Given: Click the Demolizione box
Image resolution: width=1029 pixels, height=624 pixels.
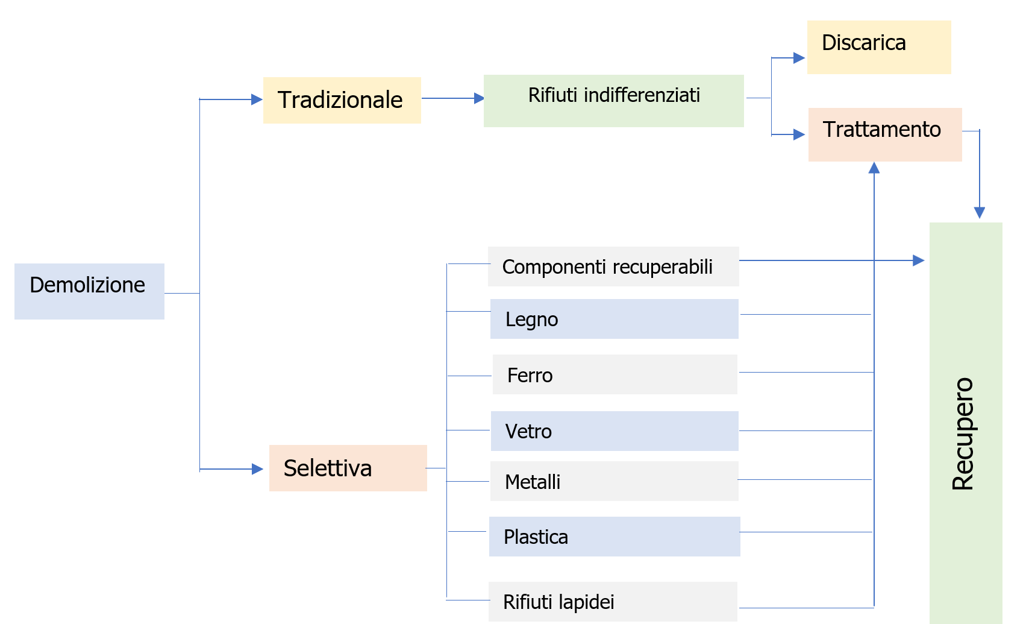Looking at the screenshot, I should (x=89, y=291).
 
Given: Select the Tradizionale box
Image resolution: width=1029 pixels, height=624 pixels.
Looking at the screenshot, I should (x=342, y=100).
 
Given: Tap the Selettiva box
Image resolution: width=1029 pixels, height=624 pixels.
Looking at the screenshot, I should (x=348, y=468).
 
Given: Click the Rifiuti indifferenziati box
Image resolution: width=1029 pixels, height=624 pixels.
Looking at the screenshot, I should (x=613, y=101).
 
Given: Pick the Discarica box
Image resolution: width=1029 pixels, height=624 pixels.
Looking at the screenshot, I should (x=878, y=47).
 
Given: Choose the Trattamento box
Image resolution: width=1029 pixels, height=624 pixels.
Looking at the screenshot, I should (x=884, y=134).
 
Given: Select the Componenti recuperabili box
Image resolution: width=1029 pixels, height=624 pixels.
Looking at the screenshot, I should (x=613, y=266).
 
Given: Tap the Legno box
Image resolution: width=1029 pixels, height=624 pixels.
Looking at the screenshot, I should (x=614, y=319).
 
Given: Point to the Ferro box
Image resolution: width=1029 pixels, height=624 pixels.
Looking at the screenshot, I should (x=615, y=374).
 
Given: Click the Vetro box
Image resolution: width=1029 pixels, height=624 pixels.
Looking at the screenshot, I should (x=614, y=431).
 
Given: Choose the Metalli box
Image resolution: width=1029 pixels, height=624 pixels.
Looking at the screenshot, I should (x=614, y=481).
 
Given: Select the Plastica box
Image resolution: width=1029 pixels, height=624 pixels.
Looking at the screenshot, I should (x=614, y=537).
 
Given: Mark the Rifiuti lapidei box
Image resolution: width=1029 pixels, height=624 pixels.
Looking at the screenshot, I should (x=613, y=601).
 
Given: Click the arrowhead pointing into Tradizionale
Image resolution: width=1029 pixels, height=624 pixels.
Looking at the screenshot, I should (x=257, y=99).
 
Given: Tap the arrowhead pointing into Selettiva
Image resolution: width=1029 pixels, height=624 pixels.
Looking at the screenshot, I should (x=257, y=469).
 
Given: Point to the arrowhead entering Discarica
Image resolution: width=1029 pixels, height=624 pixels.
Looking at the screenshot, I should (x=799, y=58).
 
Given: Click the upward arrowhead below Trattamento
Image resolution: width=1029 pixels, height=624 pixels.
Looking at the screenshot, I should (x=874, y=168).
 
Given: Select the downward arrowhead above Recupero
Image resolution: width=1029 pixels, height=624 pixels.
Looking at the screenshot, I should (x=980, y=212).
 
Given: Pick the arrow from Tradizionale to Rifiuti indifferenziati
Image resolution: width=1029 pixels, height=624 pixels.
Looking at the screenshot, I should (x=452, y=98).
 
